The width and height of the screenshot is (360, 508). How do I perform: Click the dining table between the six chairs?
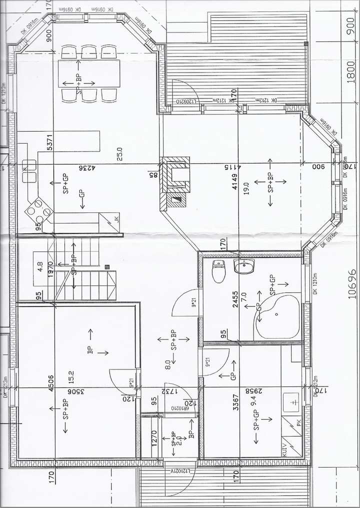click(x=89, y=73)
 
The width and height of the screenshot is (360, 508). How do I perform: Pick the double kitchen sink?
click(x=29, y=170)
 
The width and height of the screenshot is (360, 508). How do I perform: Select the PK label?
click(x=297, y=423)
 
